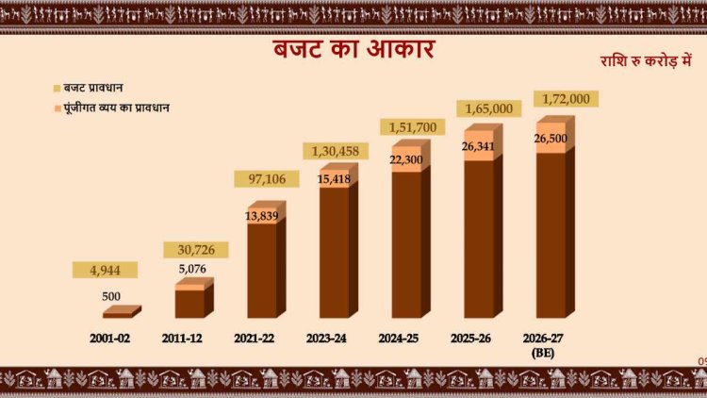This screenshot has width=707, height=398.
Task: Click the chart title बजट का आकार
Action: pos(354,49)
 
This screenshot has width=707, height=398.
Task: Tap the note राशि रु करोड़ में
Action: pos(647,60)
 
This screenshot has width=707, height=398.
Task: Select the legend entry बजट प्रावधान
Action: pos(101,88)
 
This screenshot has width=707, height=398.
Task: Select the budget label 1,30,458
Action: pos(336,151)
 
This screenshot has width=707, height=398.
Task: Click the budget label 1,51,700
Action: pos(411,127)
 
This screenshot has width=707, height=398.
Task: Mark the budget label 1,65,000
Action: pos(488,108)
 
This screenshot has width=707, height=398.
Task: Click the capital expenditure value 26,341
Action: pos(480,146)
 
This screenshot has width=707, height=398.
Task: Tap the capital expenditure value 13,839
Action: pos(260,216)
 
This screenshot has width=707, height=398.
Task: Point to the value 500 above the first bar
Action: pos(110,295)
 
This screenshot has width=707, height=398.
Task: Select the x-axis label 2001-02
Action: pos(110,337)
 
